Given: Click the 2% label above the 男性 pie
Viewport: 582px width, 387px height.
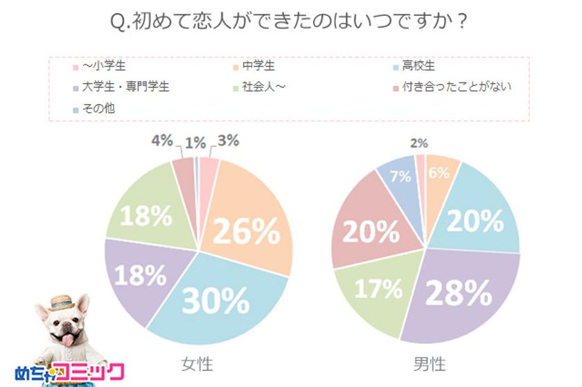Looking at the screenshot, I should (419, 144).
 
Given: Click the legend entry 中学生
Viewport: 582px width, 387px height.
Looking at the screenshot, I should (261, 67).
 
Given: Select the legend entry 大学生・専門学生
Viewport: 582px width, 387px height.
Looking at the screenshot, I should (125, 87).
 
